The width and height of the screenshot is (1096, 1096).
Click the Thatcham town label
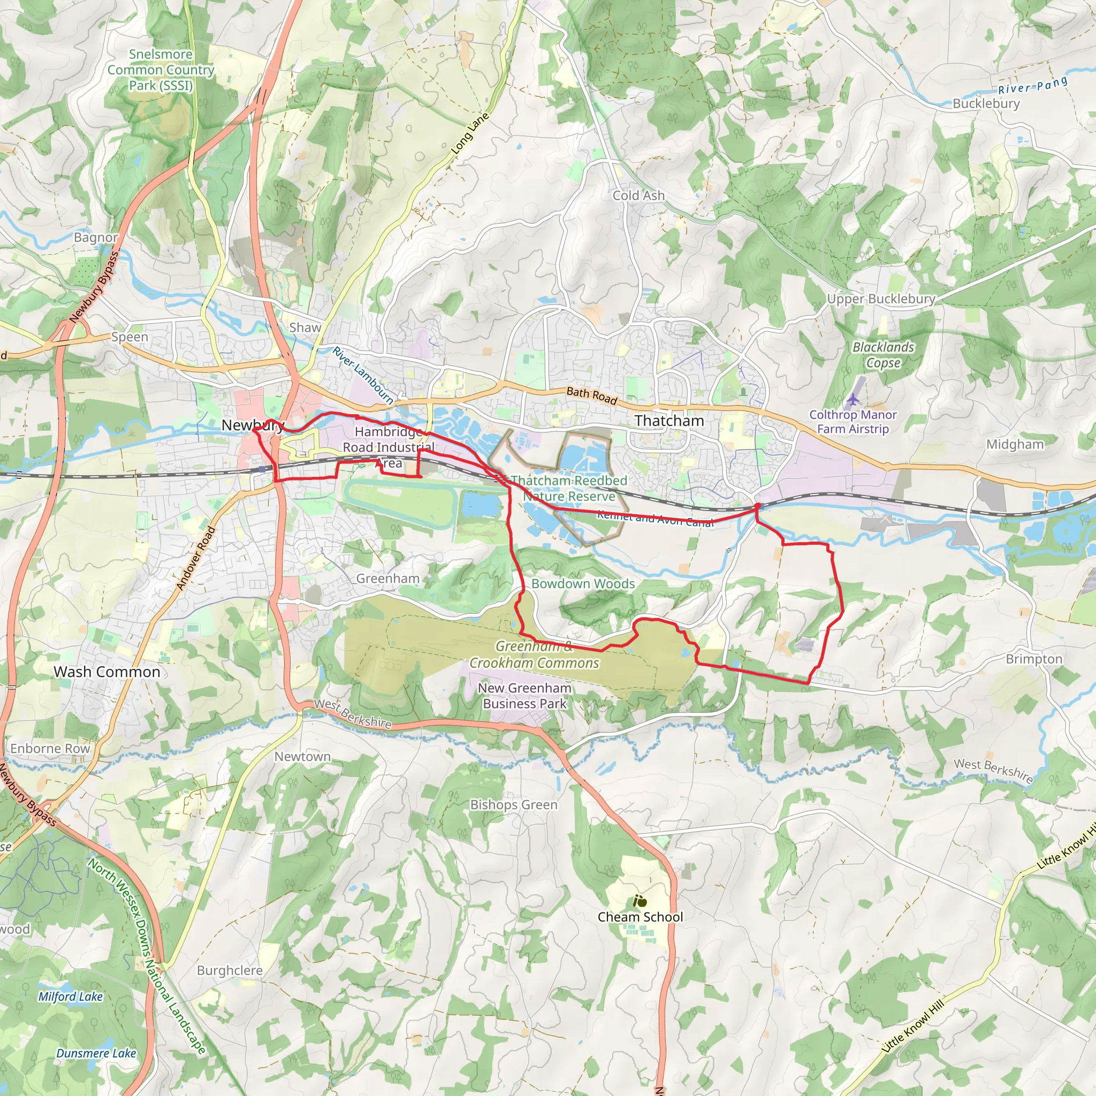click(x=669, y=421)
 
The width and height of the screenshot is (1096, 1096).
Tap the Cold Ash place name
click(x=638, y=195)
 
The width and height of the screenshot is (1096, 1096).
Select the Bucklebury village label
click(x=986, y=103)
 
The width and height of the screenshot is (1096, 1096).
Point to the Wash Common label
click(x=106, y=672)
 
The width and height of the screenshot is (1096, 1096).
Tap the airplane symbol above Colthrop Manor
click(x=853, y=400)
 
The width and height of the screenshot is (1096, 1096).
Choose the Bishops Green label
click(x=513, y=804)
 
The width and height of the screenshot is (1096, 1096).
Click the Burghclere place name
click(x=230, y=970)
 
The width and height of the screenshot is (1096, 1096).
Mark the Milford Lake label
click(x=71, y=996)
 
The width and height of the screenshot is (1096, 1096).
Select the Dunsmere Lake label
click(x=96, y=1053)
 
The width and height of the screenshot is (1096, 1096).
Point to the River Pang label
click(x=1033, y=86)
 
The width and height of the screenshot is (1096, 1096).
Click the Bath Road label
click(x=592, y=395)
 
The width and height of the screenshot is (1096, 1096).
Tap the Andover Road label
click(x=196, y=558)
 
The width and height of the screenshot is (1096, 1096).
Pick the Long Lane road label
click(x=470, y=134)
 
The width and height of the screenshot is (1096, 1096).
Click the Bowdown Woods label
click(x=583, y=584)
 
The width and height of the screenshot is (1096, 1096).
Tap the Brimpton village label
click(x=1033, y=659)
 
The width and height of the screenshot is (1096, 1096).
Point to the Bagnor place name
click(x=96, y=237)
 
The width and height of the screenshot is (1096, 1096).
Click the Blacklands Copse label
click(x=883, y=355)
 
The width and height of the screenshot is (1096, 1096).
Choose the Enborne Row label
click(x=50, y=748)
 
